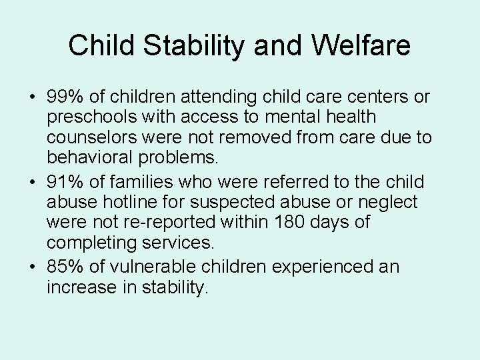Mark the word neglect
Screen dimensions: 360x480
(x=391, y=202)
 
